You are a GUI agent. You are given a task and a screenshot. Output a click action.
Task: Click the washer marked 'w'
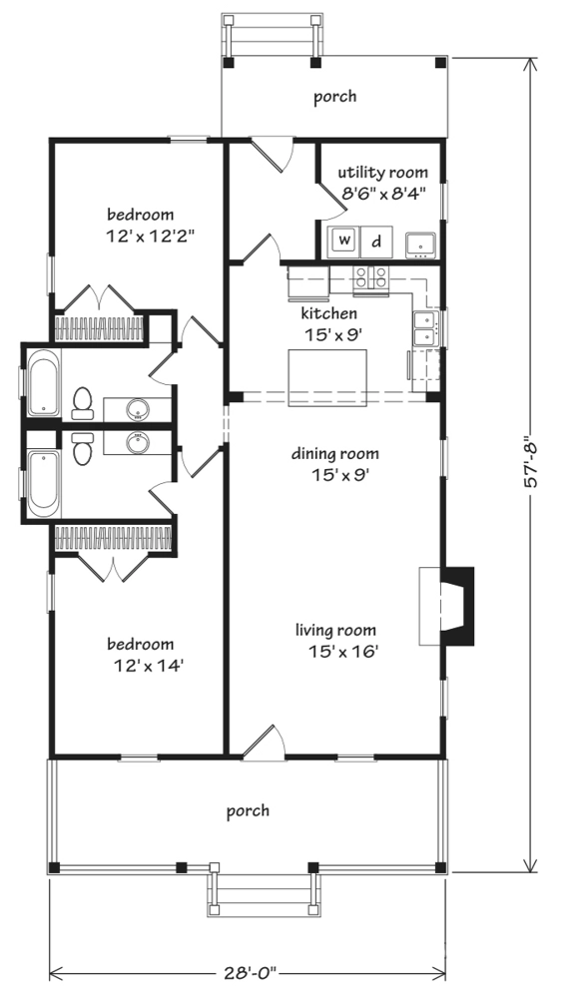pos(344,241)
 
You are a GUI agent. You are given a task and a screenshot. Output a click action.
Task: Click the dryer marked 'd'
pos(376,241)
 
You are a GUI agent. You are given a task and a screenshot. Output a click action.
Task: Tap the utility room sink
pos(420,243)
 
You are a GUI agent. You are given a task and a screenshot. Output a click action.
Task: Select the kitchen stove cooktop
pos(372,277)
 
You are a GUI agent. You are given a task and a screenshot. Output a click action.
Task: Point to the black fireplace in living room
pos(457,604)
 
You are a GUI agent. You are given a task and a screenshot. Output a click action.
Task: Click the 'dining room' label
pos(335,455)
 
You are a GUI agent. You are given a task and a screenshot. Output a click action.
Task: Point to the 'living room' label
pos(335,630)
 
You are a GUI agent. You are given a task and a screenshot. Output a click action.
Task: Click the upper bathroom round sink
pos(137,407)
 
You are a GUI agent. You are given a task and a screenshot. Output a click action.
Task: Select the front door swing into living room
pos(262,743)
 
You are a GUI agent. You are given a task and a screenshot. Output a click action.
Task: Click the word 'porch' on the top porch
pos(334,97)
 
